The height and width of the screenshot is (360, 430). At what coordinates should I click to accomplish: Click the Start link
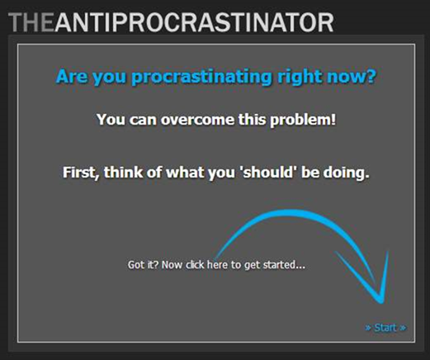tap(385, 328)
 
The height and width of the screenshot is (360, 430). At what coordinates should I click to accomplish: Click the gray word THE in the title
tap(31, 22)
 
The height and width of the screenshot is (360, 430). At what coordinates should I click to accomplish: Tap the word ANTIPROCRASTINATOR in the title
tap(194, 22)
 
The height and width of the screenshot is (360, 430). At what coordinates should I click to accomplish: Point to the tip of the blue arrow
tap(381, 303)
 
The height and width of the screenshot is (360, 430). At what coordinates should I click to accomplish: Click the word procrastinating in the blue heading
tap(202, 77)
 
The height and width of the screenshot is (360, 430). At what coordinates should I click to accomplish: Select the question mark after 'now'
tap(371, 76)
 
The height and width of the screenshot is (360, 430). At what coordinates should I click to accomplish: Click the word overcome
tap(197, 120)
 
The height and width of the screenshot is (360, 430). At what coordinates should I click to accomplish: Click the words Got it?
tap(144, 265)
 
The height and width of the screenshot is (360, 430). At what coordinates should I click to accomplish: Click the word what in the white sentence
tap(185, 173)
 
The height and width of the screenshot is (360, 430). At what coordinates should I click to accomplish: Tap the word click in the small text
tap(195, 264)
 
